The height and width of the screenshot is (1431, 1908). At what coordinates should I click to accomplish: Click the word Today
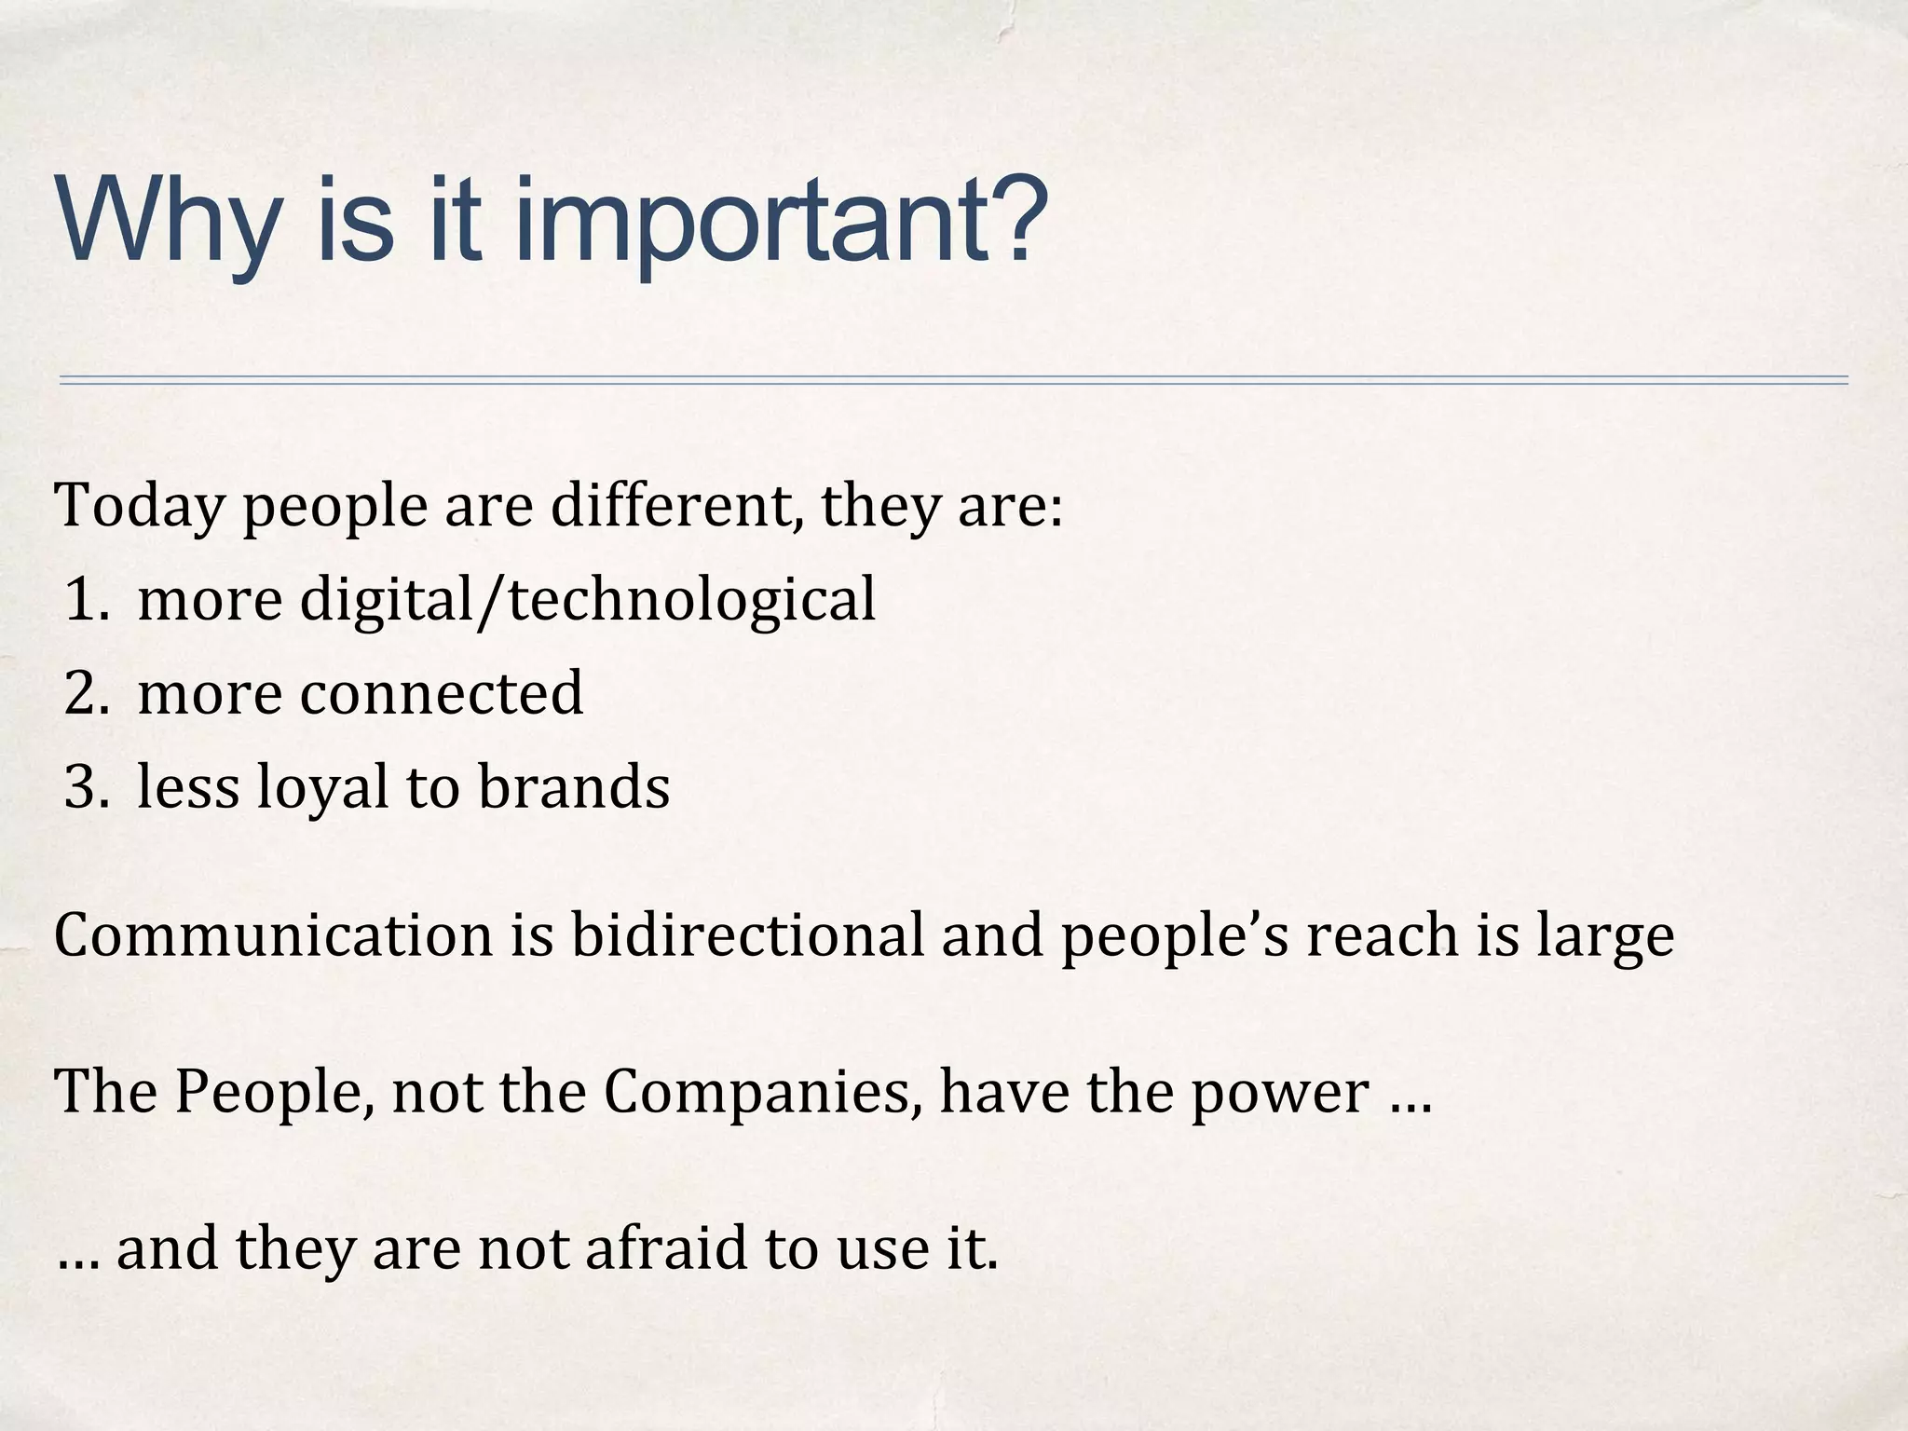coord(141,508)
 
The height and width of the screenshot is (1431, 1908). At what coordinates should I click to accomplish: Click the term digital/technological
coord(588,601)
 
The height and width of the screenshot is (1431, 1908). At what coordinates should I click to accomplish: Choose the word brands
coord(574,787)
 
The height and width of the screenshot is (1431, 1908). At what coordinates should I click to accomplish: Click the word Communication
coord(273,936)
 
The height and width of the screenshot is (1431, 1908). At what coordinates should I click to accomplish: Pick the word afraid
coord(665,1249)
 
